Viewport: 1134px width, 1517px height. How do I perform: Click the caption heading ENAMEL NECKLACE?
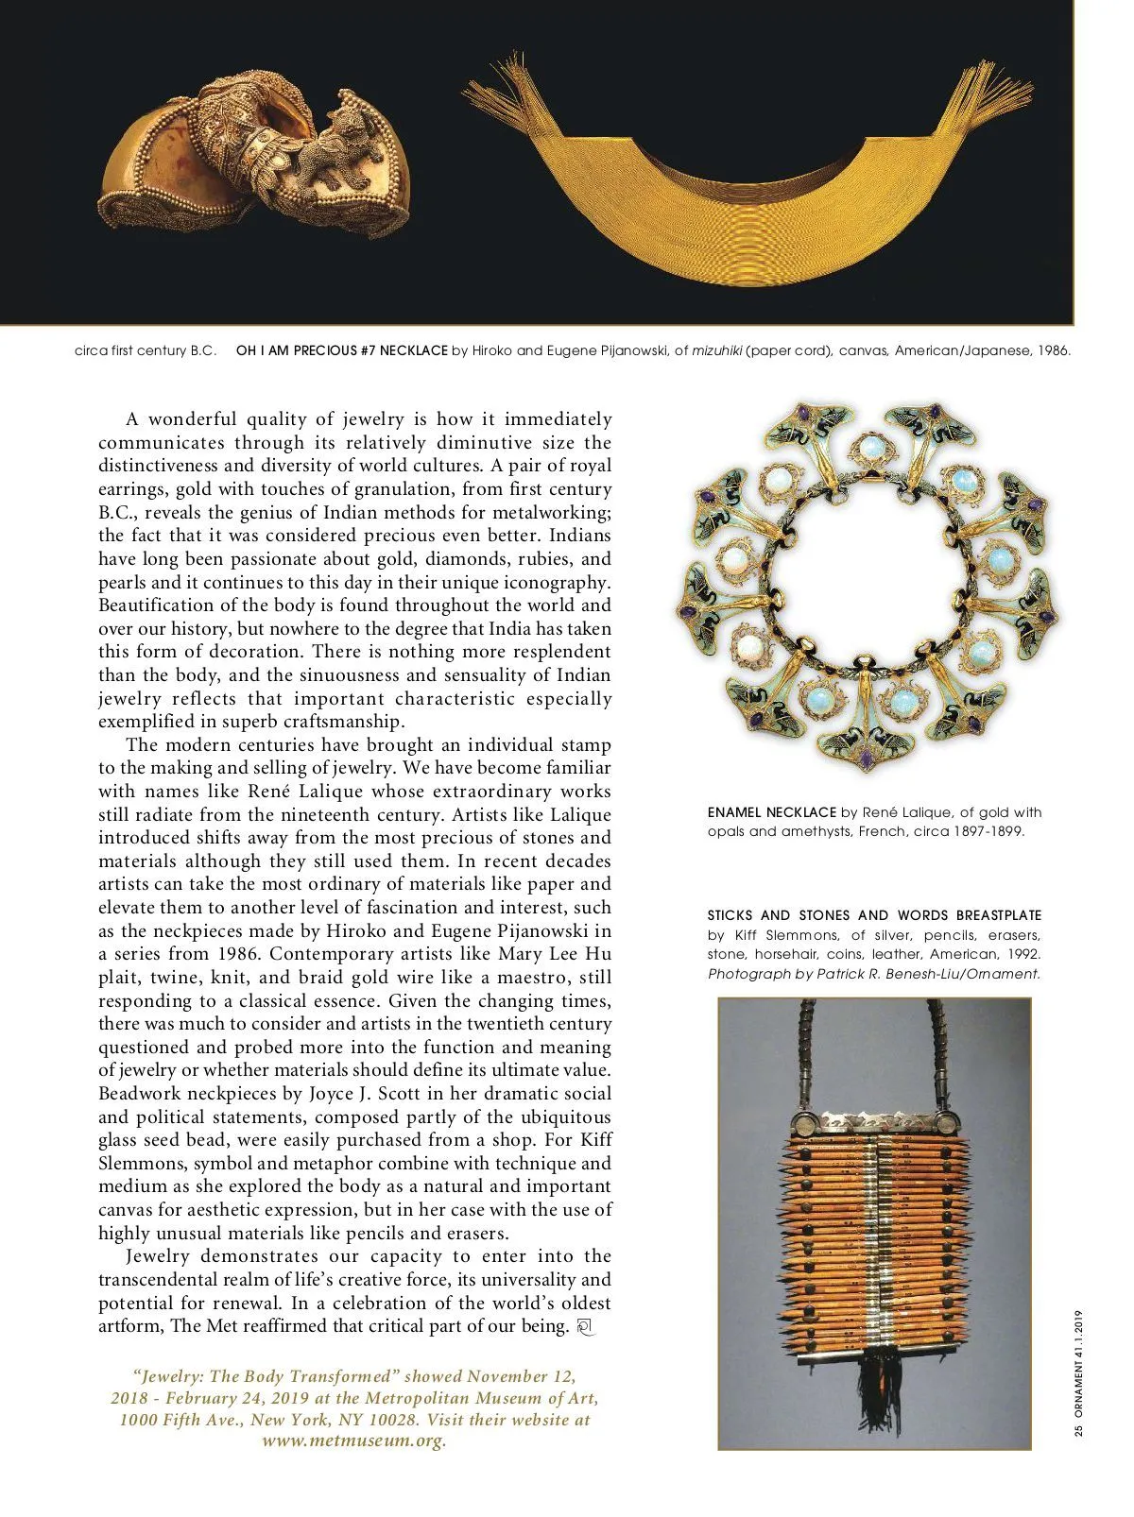771,812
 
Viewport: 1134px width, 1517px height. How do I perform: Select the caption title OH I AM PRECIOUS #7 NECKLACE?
341,350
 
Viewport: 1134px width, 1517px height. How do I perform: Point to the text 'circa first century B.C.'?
146,350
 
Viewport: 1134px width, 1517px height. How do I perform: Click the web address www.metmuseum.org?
354,1441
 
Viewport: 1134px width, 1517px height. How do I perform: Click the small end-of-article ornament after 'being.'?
583,1327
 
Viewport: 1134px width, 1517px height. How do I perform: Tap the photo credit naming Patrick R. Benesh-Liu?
874,974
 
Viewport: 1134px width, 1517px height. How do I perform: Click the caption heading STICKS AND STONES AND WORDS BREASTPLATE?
874,915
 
